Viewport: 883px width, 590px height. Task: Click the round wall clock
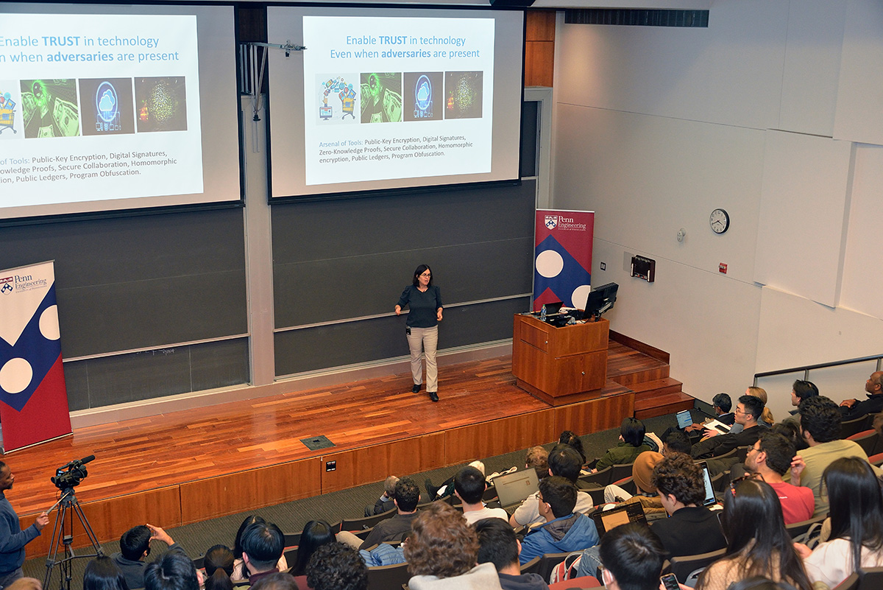click(x=719, y=220)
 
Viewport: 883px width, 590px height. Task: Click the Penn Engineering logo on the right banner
click(x=564, y=222)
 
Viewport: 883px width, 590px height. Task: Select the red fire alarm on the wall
click(x=723, y=268)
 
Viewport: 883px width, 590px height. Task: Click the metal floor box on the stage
click(x=317, y=442)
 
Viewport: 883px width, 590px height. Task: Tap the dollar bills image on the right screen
click(x=380, y=97)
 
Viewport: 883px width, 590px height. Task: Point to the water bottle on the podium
click(x=543, y=312)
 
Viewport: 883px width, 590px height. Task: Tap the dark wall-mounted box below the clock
click(x=642, y=268)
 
